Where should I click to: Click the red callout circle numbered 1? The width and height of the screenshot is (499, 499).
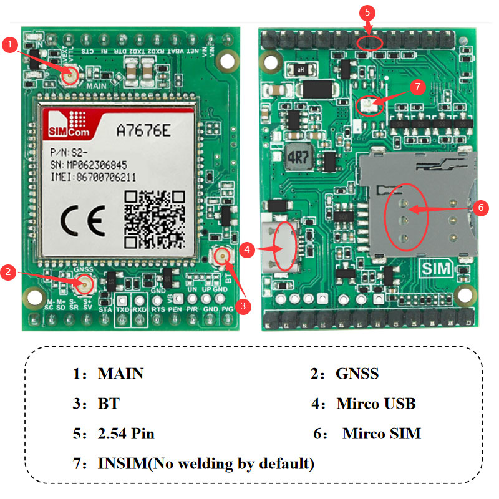10,44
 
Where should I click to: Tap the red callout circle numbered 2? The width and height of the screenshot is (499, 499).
7,271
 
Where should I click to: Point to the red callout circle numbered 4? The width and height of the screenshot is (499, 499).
248,249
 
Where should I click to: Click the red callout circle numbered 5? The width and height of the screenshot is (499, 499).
367,12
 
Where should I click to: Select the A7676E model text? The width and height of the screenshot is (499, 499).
145,130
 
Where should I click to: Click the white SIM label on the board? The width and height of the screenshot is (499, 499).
437,269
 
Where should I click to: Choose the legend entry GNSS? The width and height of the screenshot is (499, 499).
357,374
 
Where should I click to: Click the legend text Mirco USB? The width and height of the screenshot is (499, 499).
376,404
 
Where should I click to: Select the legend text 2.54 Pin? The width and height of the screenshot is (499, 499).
126,434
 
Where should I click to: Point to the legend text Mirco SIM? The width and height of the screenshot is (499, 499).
382,434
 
